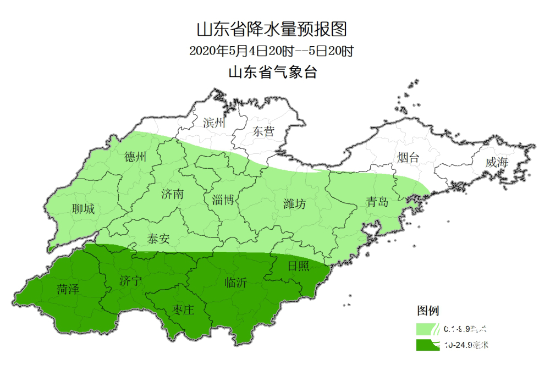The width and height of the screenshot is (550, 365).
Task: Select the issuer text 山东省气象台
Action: [x=273, y=72]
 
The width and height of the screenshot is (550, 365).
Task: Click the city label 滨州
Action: [x=215, y=123]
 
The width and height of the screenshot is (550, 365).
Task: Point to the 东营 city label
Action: [x=263, y=131]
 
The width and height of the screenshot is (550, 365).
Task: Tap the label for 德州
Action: [x=136, y=157]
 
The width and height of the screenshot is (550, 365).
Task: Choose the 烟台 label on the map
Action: [x=408, y=158]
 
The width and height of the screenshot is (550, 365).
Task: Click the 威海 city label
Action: [x=497, y=162]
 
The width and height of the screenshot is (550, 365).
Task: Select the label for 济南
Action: [x=172, y=194]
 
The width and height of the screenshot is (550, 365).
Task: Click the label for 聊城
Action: [x=83, y=209]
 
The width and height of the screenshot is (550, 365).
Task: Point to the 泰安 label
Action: [x=158, y=239]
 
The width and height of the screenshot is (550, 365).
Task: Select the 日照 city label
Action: [x=299, y=267]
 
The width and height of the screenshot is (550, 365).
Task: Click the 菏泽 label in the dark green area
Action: [x=68, y=289]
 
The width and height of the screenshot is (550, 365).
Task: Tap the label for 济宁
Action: [x=130, y=282]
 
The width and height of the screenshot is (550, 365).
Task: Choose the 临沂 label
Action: [x=236, y=283]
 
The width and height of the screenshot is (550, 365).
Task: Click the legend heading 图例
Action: [x=427, y=311]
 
